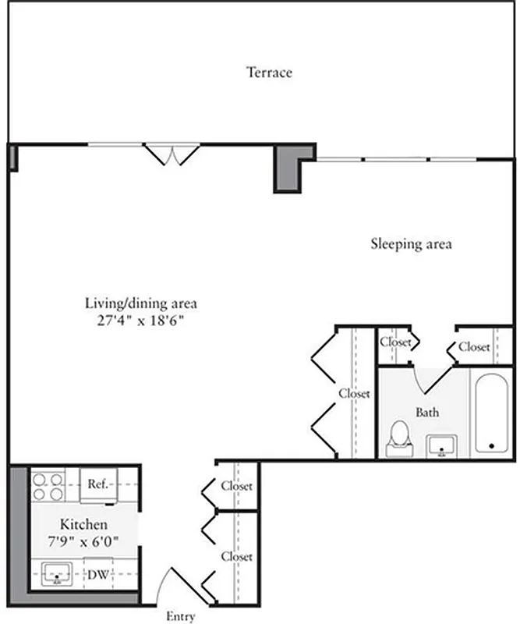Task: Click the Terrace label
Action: point(269,73)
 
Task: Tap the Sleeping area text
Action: point(410,243)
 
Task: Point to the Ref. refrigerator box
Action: point(97,484)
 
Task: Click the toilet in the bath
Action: point(400,438)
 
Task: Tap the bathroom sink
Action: point(442,445)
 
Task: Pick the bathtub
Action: point(490,414)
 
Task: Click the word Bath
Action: point(426,412)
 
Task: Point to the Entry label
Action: point(180,616)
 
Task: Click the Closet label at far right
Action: point(474,346)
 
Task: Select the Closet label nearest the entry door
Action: point(236,556)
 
